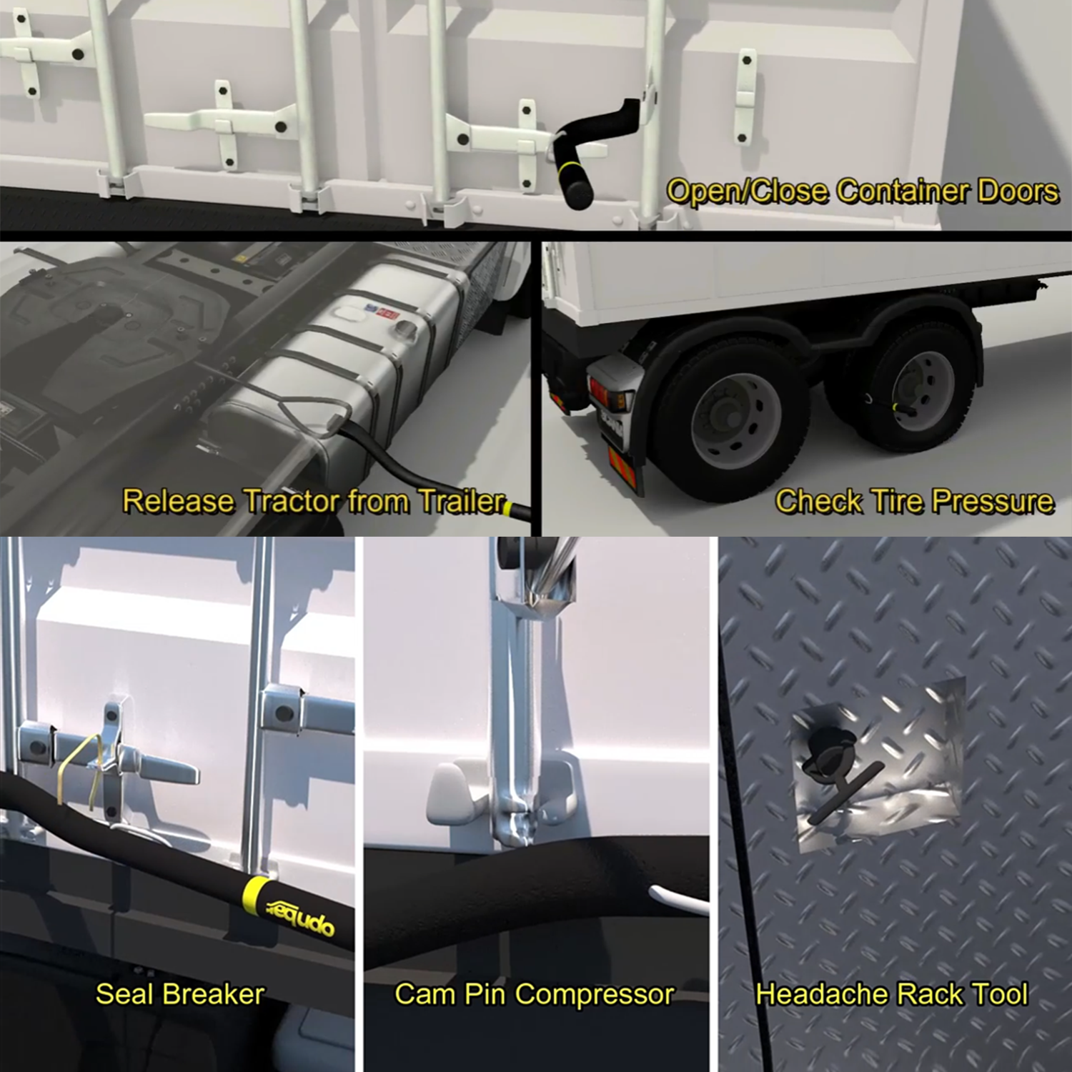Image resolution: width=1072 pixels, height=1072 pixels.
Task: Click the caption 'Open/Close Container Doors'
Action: point(863,192)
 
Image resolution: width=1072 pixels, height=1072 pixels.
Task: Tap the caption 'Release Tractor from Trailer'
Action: point(314,501)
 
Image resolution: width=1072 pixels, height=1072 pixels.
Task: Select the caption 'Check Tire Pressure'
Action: point(914,501)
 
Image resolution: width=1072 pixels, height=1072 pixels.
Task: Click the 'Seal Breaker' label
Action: point(180,994)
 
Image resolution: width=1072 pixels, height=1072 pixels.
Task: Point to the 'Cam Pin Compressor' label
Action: point(535,994)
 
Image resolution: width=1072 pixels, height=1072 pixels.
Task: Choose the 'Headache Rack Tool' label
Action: point(892,994)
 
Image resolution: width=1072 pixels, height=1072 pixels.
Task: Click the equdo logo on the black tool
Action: point(300,914)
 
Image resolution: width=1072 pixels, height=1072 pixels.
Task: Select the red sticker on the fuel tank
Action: point(387,312)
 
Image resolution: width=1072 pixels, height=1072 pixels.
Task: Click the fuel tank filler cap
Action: point(407,329)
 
